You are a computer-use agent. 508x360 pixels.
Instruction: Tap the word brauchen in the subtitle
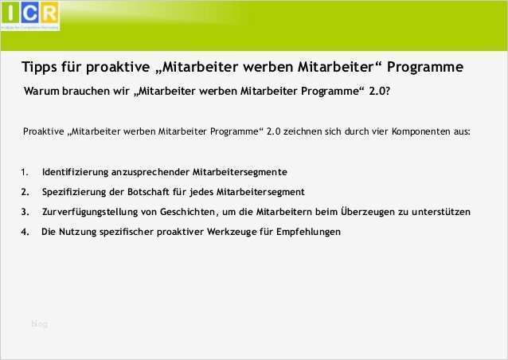[x=85, y=92]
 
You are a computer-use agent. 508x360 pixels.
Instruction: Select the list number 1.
[x=25, y=172]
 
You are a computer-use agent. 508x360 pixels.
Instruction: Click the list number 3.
[x=25, y=212]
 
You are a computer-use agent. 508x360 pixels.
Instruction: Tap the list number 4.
[x=25, y=232]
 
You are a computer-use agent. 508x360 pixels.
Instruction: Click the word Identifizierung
[x=77, y=172]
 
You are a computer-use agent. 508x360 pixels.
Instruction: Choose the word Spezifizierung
[x=78, y=192]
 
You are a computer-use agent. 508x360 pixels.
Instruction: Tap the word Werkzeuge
[x=231, y=232]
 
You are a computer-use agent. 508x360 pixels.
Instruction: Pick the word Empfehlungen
[x=306, y=232]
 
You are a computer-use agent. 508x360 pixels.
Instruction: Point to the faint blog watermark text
[x=39, y=323]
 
